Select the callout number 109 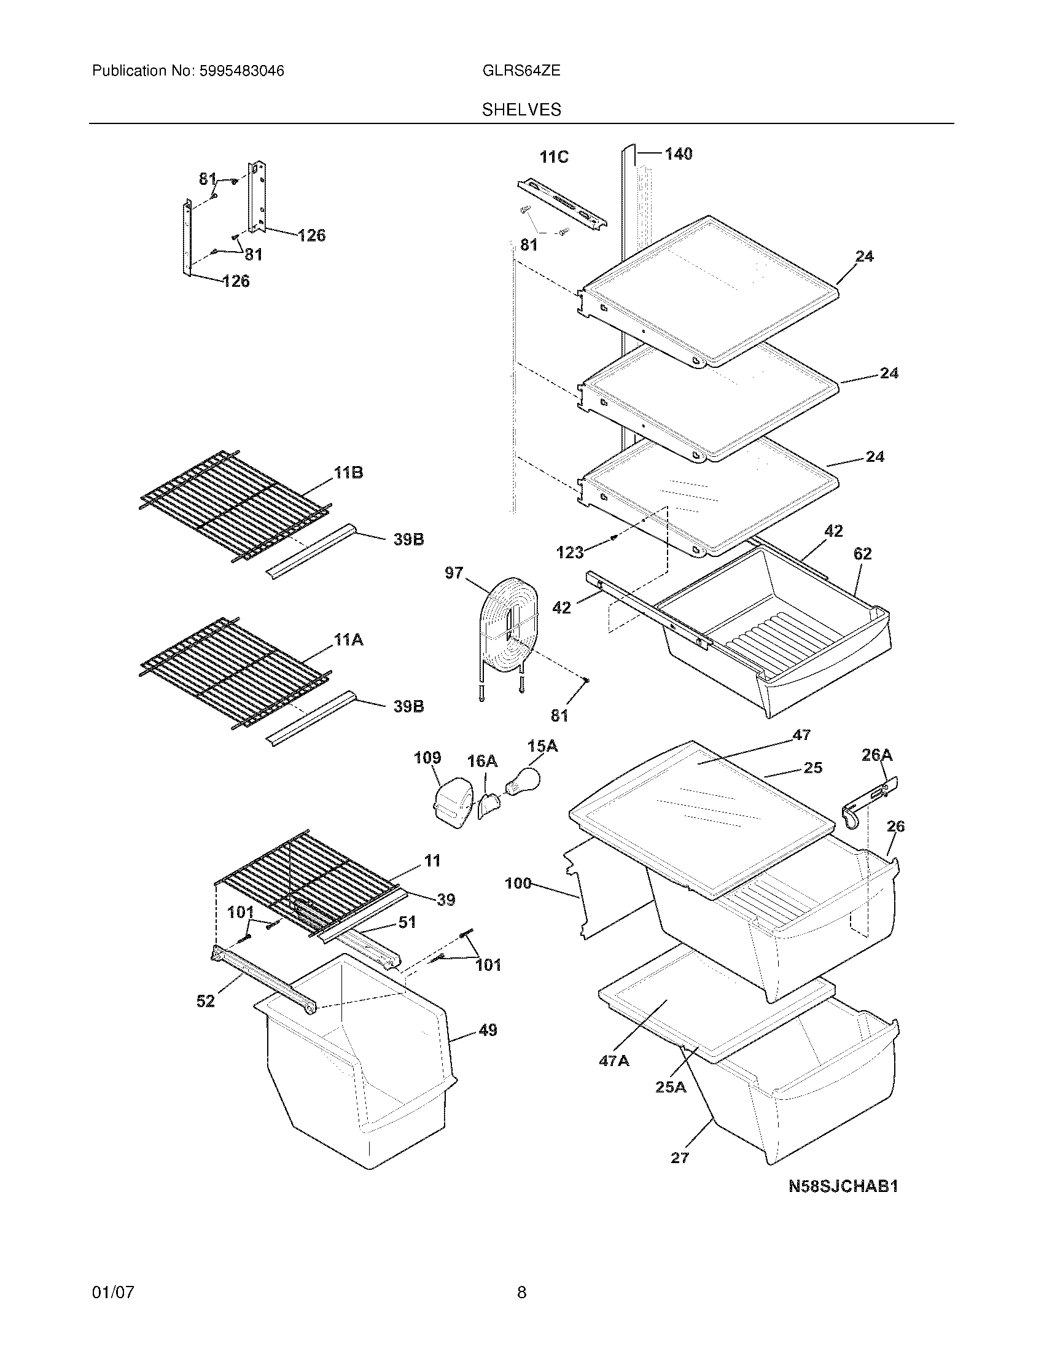pyautogui.click(x=427, y=758)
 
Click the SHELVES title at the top pyautogui.click(x=521, y=110)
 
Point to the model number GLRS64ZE pyautogui.click(x=521, y=71)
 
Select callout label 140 pyautogui.click(x=679, y=154)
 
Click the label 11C pyautogui.click(x=553, y=157)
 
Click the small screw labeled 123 pyautogui.click(x=613, y=537)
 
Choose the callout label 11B pyautogui.click(x=348, y=473)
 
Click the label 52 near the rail pyautogui.click(x=205, y=1000)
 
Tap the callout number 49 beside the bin pyautogui.click(x=488, y=1030)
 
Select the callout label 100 pyautogui.click(x=518, y=883)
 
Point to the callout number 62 pyautogui.click(x=862, y=554)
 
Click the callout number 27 pyautogui.click(x=680, y=1158)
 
